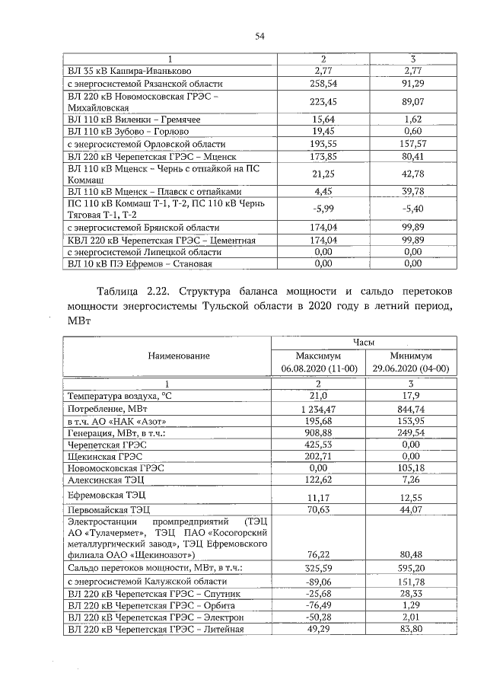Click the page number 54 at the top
point(259,36)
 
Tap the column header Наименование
point(168,356)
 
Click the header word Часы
point(366,343)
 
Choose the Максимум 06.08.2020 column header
point(320,362)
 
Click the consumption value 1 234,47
point(320,410)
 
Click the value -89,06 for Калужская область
point(320,582)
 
